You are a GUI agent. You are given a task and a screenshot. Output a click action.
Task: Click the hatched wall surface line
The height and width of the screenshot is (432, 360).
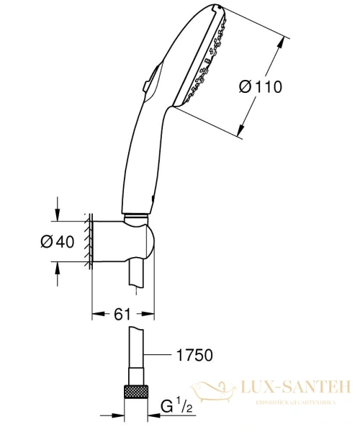89,241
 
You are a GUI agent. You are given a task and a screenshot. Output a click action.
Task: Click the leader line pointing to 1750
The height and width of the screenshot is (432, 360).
158,354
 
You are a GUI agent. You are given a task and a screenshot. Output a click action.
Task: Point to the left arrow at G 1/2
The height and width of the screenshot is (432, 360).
114,415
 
